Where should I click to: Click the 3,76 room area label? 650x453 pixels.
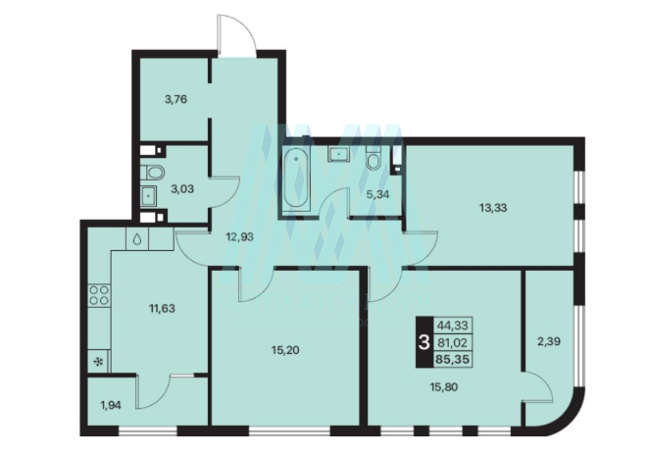click(175, 99)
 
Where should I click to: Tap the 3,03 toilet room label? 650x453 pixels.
click(182, 189)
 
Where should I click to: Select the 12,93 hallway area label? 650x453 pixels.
click(239, 237)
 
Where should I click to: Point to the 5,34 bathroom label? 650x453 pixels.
click(378, 194)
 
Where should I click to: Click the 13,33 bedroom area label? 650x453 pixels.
click(493, 208)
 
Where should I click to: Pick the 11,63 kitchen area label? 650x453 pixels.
click(162, 308)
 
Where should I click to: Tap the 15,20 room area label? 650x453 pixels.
click(285, 350)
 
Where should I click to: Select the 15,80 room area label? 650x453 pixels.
click(444, 387)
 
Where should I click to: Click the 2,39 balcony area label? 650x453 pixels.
click(549, 341)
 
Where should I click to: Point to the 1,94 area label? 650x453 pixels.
click(111, 405)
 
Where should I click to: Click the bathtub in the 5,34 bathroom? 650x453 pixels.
click(295, 179)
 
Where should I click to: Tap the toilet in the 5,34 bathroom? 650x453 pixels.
click(374, 158)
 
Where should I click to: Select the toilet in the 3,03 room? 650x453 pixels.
click(152, 172)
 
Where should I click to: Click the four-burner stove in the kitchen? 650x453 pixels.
click(99, 295)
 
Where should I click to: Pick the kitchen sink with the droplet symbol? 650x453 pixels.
click(137, 238)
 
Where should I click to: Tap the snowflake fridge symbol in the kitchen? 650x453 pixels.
click(99, 362)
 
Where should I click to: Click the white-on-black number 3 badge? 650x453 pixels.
click(425, 343)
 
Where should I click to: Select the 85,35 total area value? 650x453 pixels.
click(453, 359)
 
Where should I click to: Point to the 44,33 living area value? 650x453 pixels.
click(453, 326)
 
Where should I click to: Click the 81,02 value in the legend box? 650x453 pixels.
click(452, 343)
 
